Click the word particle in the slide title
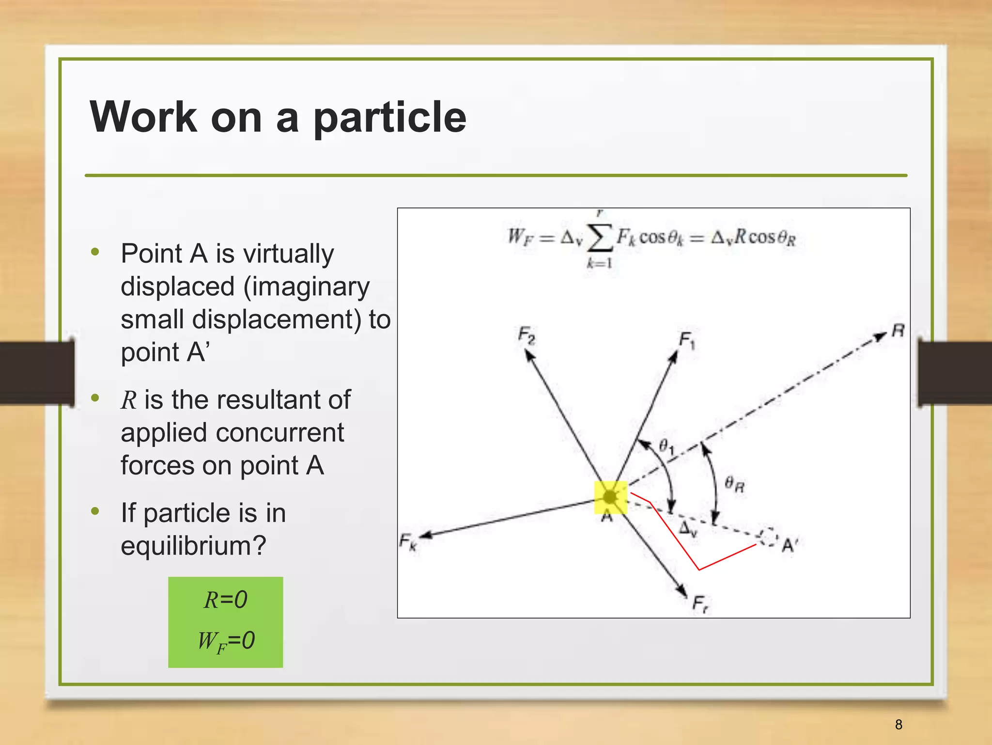390,118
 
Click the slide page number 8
899,725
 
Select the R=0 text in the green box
226,600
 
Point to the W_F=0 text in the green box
226,641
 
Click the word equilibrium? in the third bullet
193,546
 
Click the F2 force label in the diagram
527,335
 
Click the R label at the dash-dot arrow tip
898,331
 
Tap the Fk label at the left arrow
408,541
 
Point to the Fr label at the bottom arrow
700,604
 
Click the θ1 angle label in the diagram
666,445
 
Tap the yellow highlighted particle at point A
610,497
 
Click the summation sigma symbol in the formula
600,238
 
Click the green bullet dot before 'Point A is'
95,252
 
